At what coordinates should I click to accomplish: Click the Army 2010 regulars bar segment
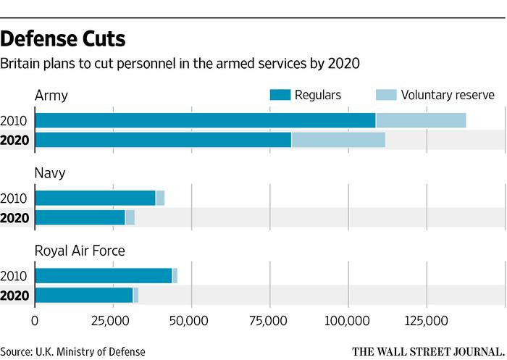[205, 120]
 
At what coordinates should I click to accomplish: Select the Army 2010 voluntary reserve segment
[421, 120]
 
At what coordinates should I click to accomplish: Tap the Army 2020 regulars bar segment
[163, 140]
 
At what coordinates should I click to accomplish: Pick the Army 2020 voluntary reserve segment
[338, 140]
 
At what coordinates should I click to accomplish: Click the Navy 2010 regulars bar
[95, 198]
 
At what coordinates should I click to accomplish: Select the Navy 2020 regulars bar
[80, 217]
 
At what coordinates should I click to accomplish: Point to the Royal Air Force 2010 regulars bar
[103, 275]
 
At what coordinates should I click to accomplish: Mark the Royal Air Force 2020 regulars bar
[83, 295]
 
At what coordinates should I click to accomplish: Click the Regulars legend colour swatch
[280, 95]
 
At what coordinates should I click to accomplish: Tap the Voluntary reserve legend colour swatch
[387, 95]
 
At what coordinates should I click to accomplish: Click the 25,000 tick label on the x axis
[113, 319]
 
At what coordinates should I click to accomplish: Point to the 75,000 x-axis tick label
[269, 319]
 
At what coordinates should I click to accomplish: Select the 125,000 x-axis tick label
[426, 319]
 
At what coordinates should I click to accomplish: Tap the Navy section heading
[50, 173]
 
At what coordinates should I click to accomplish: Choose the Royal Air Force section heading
[80, 251]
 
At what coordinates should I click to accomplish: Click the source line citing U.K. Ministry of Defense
[72, 351]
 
